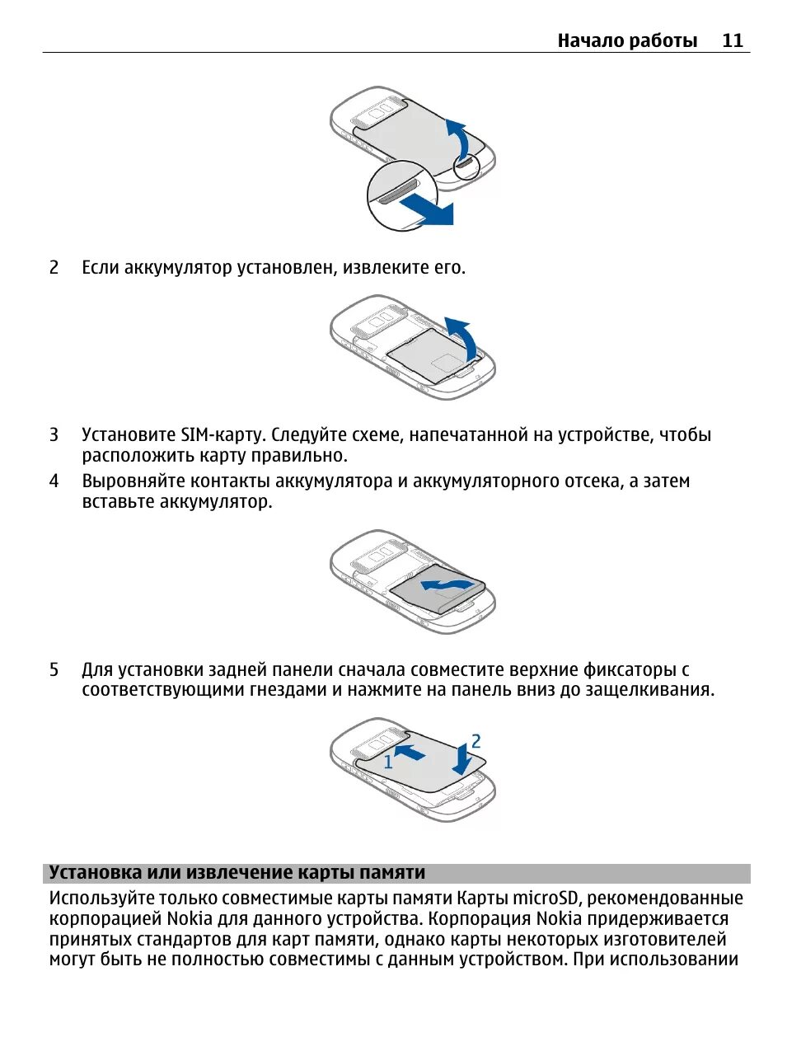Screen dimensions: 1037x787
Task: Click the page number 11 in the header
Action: [732, 40]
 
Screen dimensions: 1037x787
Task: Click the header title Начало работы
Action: [627, 40]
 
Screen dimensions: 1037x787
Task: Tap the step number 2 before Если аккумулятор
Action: [54, 267]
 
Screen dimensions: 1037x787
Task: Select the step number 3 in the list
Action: [54, 434]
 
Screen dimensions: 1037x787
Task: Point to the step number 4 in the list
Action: [54, 481]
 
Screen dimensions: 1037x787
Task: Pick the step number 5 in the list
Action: [54, 669]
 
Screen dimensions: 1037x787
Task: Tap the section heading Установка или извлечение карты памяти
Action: [237, 873]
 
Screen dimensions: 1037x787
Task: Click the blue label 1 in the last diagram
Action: [388, 762]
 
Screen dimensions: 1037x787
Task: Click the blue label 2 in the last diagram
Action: [475, 741]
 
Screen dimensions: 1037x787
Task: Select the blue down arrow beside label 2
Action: [461, 759]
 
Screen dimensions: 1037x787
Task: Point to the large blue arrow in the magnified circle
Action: [426, 209]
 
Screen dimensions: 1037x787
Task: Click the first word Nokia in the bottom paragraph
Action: [189, 918]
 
